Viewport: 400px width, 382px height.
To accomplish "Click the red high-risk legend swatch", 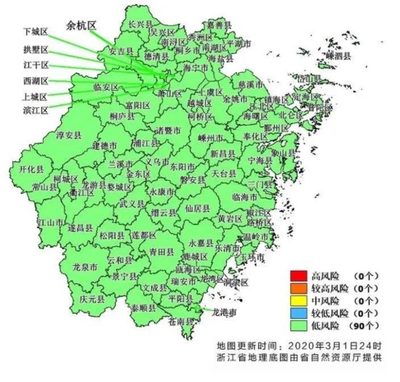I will coord(297,275).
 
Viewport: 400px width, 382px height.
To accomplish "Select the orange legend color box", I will coord(297,288).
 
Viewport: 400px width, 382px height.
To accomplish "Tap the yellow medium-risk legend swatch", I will coord(297,300).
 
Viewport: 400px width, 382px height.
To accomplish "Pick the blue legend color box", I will coord(297,312).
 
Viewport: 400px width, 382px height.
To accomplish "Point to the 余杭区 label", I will coord(81,24).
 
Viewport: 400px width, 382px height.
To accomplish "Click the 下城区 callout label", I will coord(35,33).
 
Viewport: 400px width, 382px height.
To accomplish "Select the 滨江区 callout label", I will coord(35,110).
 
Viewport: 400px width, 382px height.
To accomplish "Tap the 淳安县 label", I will coord(68,136).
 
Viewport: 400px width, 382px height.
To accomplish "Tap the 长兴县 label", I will coord(140,24).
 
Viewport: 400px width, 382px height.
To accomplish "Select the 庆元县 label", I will coord(92,298).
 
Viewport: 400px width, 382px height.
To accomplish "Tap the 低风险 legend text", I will coord(327,325).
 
